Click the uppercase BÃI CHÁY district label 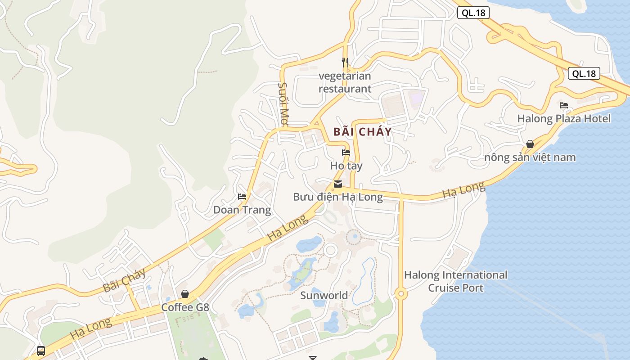pos(362,132)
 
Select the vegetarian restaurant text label pos(345,82)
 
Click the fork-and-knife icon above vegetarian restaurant pos(345,62)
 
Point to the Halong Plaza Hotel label pos(564,119)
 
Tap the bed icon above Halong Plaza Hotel pos(564,105)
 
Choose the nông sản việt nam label pos(530,157)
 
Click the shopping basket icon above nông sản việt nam pos(530,144)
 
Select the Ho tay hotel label pos(346,166)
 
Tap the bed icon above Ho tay pos(346,153)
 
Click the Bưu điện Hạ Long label pos(338,197)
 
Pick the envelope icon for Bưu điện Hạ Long pos(338,184)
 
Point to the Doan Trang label pos(242,210)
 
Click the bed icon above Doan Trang pos(242,197)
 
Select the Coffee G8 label pos(185,307)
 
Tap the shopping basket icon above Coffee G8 pos(185,294)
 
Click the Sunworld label pos(324,295)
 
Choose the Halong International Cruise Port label pos(455,281)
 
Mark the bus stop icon pos(41,351)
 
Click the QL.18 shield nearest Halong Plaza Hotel pos(584,74)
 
